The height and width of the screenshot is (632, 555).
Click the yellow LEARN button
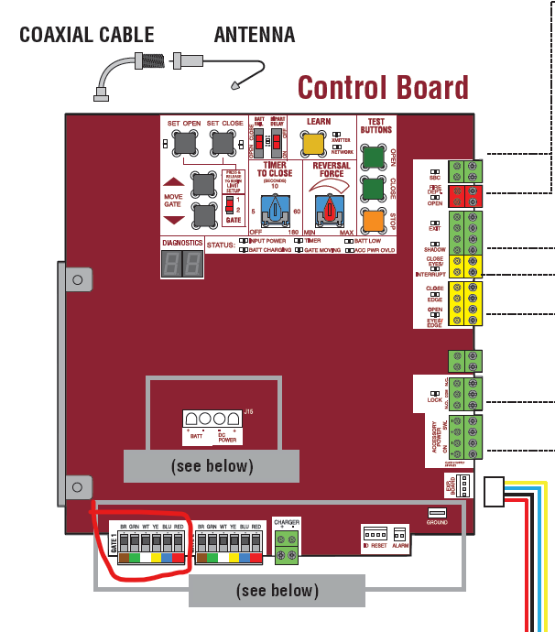(313, 144)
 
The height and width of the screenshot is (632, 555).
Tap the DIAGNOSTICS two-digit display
(180, 265)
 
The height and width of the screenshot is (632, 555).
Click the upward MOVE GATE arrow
(174, 183)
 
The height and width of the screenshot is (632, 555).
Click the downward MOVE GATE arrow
(174, 220)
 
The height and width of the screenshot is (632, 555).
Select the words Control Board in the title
(383, 88)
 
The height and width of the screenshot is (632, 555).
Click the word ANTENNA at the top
(255, 36)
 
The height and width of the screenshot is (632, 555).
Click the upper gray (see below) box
(212, 466)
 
